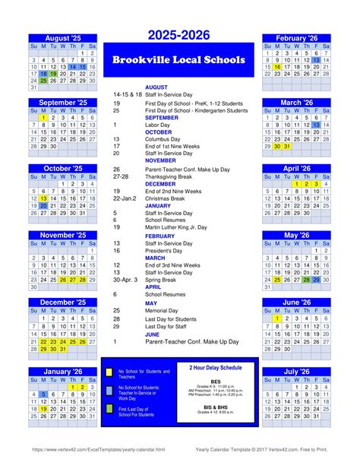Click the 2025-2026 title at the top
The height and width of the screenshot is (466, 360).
click(x=179, y=36)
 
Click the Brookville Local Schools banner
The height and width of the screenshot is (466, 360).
click(x=179, y=59)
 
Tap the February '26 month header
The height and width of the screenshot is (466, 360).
click(x=296, y=38)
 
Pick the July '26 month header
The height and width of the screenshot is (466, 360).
click(x=296, y=372)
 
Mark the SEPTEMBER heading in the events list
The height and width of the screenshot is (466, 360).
click(x=162, y=118)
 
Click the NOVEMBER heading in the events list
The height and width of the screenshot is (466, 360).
click(x=160, y=161)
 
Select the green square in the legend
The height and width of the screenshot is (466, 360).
click(x=109, y=411)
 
